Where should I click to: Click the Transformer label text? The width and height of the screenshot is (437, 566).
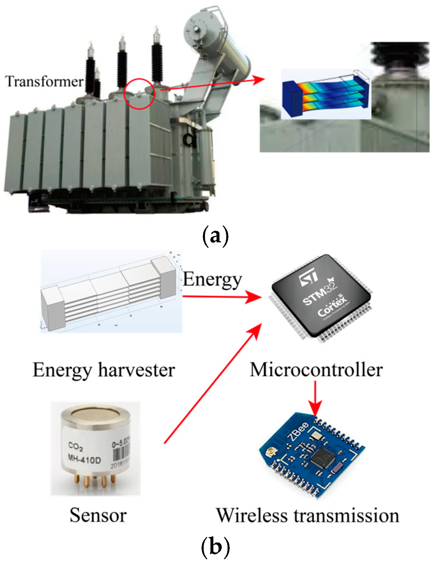click(44, 82)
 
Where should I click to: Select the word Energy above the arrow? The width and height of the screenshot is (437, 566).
click(212, 280)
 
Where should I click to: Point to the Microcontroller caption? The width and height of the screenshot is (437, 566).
click(316, 370)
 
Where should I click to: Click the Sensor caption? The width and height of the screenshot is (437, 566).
click(98, 515)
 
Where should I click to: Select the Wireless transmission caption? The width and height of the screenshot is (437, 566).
click(308, 515)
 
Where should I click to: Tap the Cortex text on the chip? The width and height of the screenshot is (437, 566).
click(332, 307)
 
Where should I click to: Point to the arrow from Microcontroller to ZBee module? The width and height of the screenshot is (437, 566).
click(315, 399)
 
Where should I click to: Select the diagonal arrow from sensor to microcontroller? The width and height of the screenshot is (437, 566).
click(212, 385)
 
